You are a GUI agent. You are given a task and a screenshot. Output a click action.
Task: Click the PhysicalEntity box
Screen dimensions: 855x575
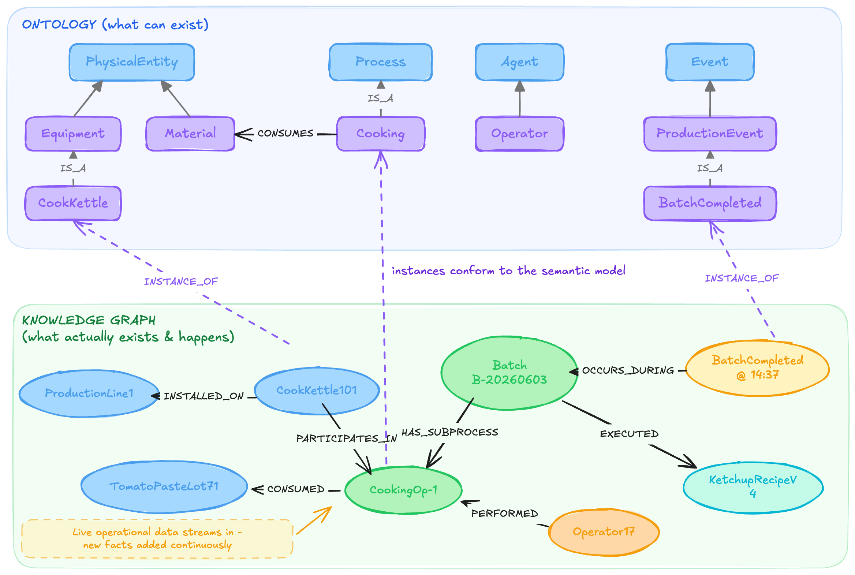(x=132, y=62)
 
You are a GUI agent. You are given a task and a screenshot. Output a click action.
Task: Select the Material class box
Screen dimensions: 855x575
(x=190, y=134)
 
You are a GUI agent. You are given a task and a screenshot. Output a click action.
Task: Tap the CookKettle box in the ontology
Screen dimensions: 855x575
(x=73, y=203)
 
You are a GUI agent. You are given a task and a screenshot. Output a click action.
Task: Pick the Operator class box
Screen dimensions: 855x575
(x=519, y=134)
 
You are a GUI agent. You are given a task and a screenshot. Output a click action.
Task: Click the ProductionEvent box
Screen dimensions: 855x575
(x=710, y=134)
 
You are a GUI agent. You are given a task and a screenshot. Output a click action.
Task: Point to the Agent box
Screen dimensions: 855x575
(x=519, y=62)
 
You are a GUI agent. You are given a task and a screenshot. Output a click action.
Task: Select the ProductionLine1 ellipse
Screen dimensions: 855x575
(x=89, y=393)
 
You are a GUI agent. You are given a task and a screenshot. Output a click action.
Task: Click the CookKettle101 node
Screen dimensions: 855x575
(x=317, y=391)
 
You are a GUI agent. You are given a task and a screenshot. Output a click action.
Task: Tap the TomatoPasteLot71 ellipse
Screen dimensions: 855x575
(x=164, y=487)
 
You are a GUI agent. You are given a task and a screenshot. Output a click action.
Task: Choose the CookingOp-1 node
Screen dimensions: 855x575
(x=403, y=490)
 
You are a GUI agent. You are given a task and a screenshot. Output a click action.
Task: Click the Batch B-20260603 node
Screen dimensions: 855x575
(x=509, y=373)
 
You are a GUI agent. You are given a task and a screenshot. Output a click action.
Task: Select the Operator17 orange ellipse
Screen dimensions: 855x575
(x=604, y=532)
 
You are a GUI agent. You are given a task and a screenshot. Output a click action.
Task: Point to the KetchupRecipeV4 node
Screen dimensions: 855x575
(x=753, y=487)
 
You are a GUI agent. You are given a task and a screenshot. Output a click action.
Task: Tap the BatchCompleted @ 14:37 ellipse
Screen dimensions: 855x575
(x=758, y=368)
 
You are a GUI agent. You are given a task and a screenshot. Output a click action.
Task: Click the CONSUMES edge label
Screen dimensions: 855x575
(x=285, y=133)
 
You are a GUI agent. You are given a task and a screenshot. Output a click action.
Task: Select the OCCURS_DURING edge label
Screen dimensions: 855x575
(x=628, y=370)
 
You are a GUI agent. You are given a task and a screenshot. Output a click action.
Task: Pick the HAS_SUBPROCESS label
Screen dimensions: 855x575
(x=450, y=432)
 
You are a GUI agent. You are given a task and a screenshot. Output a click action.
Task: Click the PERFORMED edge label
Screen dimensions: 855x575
(x=504, y=514)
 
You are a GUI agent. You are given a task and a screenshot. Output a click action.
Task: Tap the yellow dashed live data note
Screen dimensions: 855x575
(x=157, y=539)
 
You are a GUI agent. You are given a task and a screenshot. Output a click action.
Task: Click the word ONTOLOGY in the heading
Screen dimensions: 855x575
(x=59, y=25)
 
